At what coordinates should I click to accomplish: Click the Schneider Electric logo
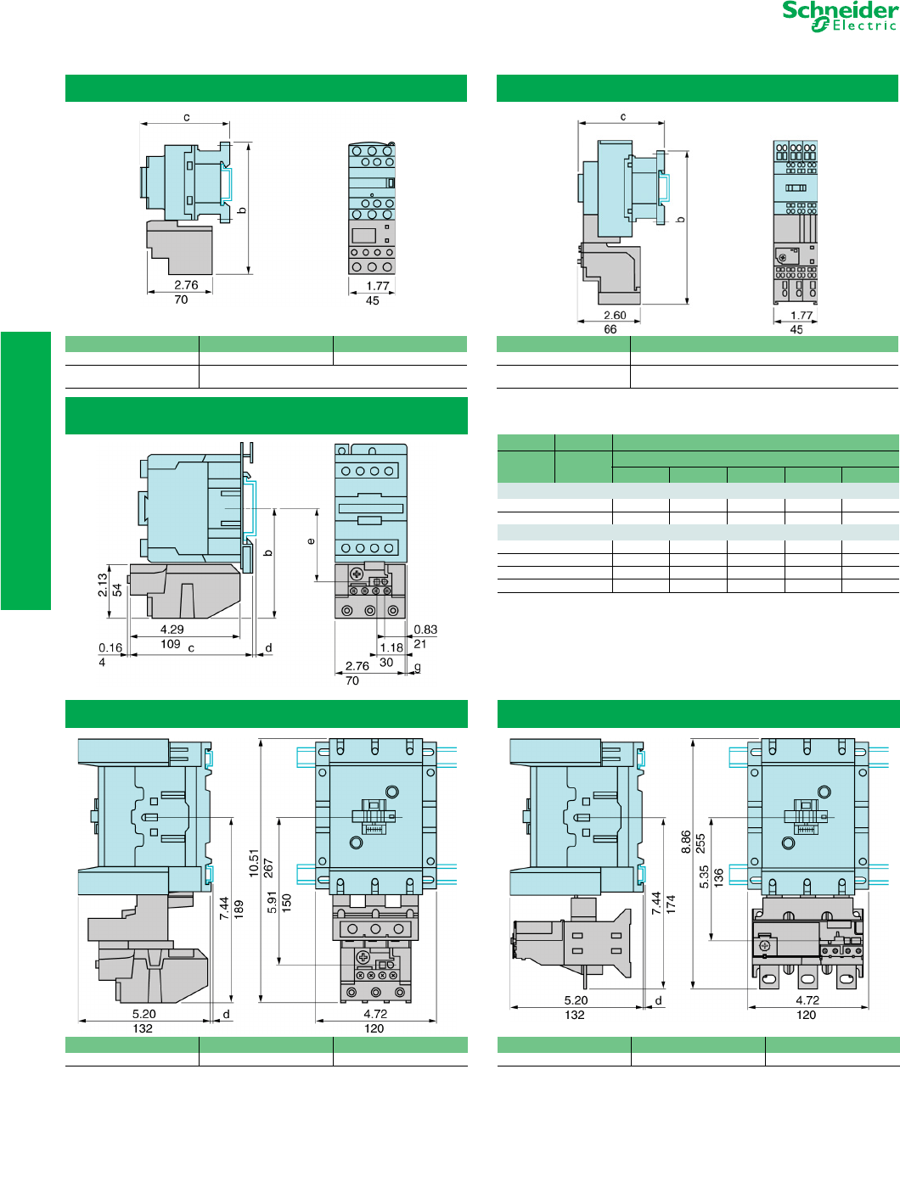(839, 16)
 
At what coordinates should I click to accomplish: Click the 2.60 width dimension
(615, 315)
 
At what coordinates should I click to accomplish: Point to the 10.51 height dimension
(253, 863)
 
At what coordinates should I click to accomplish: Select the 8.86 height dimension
(686, 842)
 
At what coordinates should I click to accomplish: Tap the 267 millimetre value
(267, 868)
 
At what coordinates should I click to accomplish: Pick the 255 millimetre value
(700, 843)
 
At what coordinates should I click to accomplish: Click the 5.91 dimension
(272, 903)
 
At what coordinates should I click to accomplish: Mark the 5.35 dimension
(704, 876)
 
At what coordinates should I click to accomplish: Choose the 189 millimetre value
(239, 909)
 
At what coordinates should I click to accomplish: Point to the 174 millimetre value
(671, 904)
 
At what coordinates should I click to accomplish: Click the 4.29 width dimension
(172, 630)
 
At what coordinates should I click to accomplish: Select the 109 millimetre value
(171, 644)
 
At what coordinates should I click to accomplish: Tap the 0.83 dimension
(425, 630)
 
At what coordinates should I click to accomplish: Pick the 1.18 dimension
(391, 647)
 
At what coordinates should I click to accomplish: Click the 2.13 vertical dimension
(103, 585)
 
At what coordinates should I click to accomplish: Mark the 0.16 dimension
(110, 647)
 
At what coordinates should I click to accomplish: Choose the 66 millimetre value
(610, 329)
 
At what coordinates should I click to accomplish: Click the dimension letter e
(311, 541)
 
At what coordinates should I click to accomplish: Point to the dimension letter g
(417, 668)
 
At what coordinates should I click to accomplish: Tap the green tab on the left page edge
(25, 470)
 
